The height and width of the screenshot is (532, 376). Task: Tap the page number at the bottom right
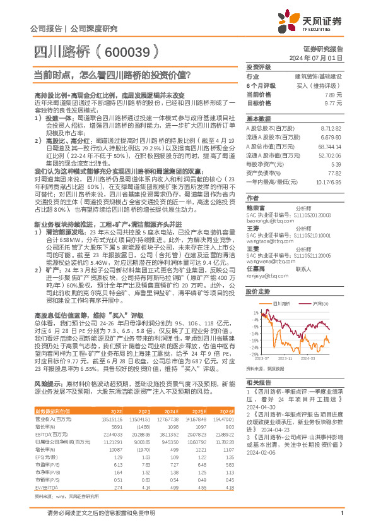coord(341,519)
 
